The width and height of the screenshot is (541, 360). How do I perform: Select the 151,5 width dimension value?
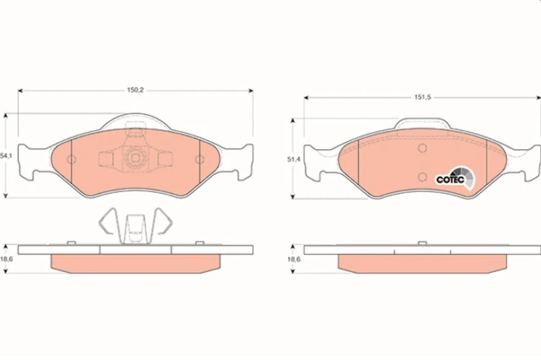(422, 97)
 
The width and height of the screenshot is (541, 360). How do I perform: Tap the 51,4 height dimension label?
(292, 160)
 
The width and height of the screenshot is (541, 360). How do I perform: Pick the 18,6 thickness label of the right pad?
(293, 258)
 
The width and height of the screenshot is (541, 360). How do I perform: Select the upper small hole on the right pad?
(422, 149)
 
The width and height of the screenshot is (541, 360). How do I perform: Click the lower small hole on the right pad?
(422, 176)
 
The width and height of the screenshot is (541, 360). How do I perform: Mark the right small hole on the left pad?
(199, 159)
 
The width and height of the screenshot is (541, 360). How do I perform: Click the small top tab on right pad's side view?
(422, 243)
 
